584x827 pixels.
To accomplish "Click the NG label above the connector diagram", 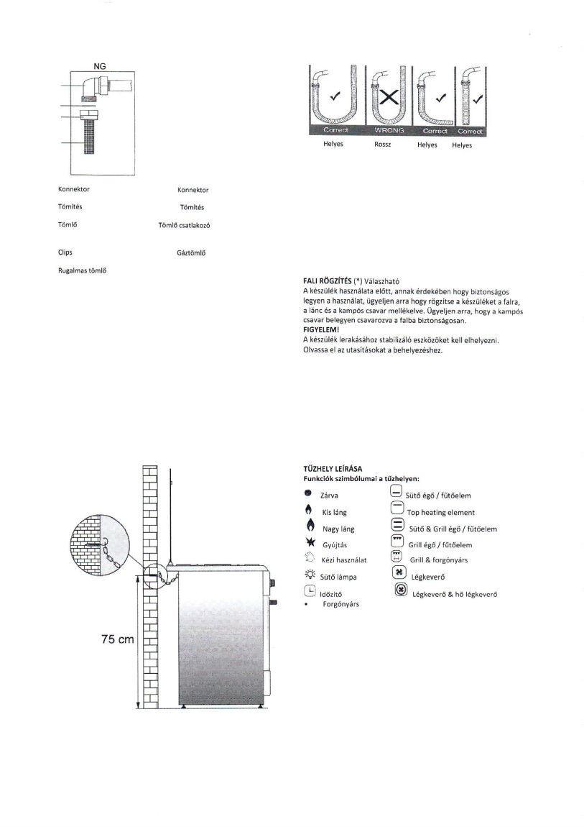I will [x=100, y=66].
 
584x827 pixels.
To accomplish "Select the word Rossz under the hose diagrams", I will [x=383, y=144].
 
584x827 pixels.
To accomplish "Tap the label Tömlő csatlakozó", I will [x=184, y=225].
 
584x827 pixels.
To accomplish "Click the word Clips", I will [x=65, y=252].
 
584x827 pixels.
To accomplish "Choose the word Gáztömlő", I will [x=192, y=253].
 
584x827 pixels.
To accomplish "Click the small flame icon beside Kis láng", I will [x=307, y=511].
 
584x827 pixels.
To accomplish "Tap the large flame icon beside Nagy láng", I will [x=307, y=528].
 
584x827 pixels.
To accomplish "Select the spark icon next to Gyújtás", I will [x=307, y=544].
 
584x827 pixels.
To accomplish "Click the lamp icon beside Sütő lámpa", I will [x=309, y=575].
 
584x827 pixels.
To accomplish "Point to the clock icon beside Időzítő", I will [x=308, y=591].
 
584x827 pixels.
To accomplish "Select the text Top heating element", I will [x=441, y=513].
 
